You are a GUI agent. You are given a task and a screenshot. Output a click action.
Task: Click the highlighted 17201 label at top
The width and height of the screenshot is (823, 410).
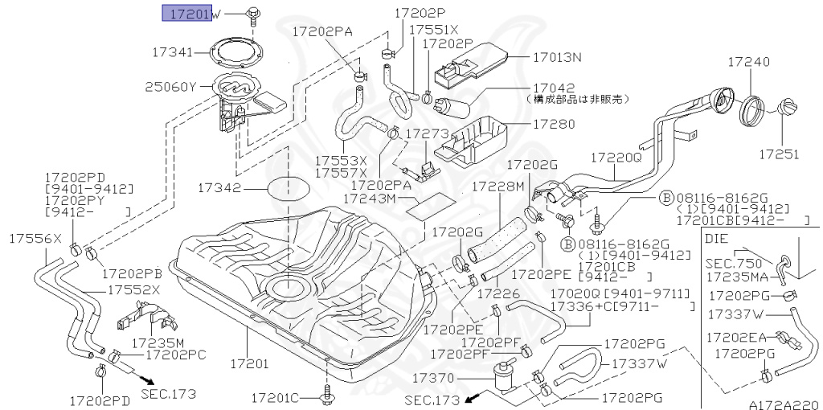186,14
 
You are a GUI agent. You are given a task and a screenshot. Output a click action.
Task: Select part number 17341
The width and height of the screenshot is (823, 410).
172,52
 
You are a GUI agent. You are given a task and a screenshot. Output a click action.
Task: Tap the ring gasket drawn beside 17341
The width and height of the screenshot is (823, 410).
242,55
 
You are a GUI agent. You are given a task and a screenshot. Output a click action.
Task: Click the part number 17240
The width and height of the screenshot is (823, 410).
748,62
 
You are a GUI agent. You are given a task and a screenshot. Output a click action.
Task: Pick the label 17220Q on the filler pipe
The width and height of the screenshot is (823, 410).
616,158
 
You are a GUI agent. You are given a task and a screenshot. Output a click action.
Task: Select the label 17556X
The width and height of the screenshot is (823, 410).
35,239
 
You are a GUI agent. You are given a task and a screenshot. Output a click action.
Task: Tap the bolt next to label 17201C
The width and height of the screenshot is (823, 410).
327,394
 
